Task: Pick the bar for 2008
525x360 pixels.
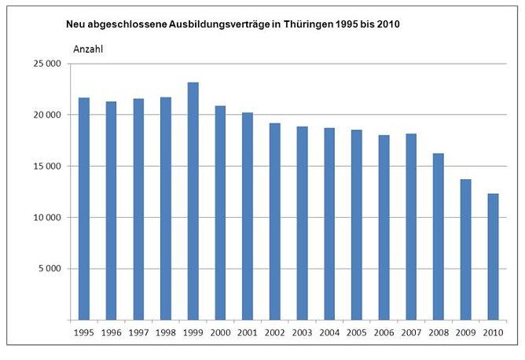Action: coord(438,237)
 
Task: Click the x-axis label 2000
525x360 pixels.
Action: coord(220,332)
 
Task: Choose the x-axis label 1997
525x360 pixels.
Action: coord(138,332)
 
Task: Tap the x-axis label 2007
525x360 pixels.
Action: coord(410,332)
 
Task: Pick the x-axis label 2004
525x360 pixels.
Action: coord(329,332)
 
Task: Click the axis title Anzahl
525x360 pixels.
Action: coord(89,49)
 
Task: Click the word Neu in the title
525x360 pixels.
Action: coord(76,24)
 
